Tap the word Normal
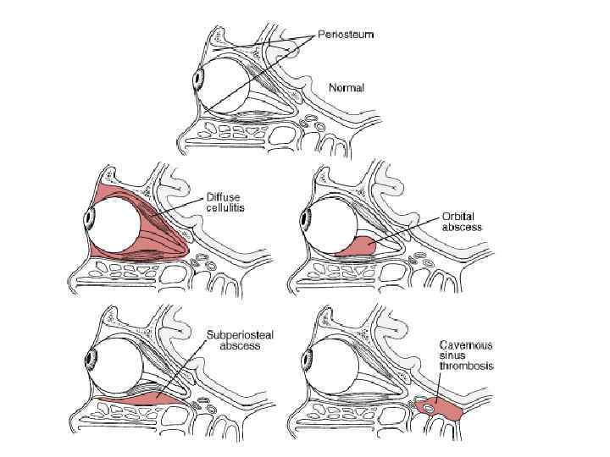pos(346,88)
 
